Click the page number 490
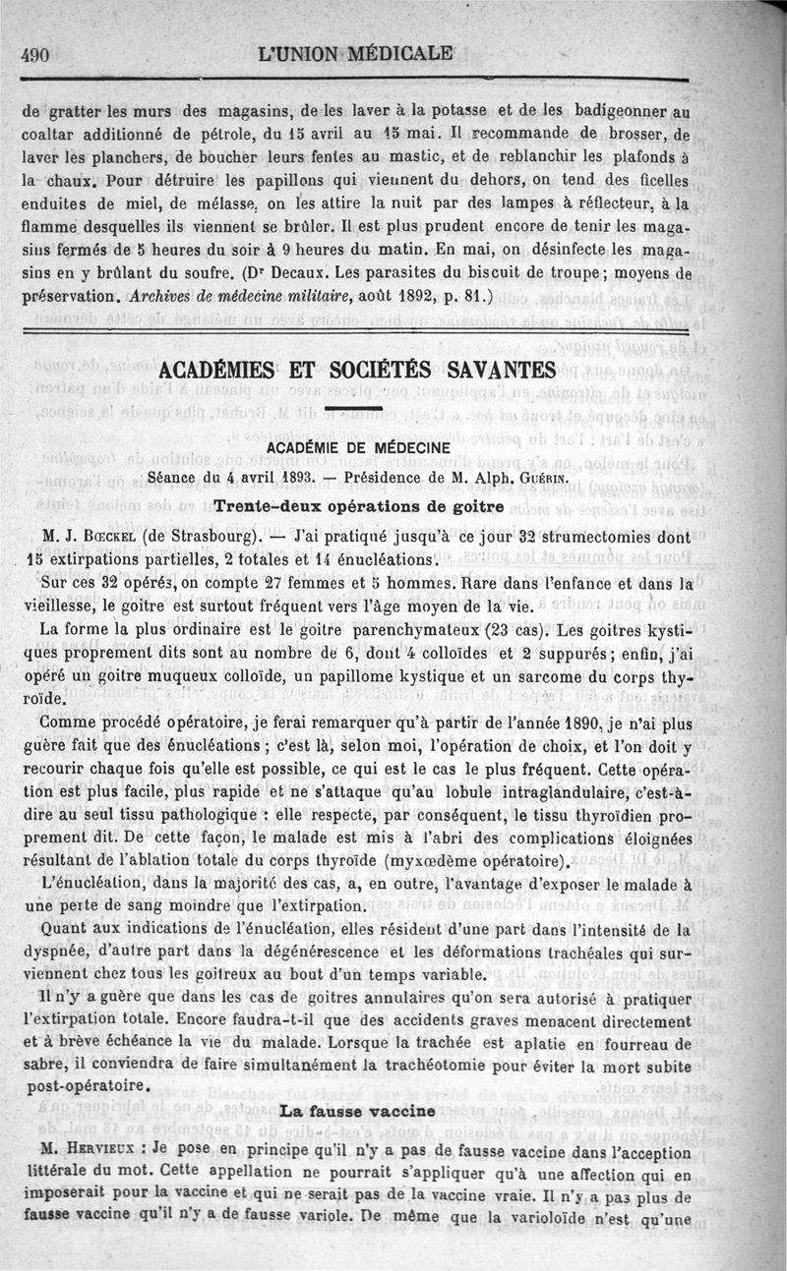pyautogui.click(x=35, y=55)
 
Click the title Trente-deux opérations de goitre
pyautogui.click(x=358, y=506)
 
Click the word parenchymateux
pyautogui.click(x=426, y=630)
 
